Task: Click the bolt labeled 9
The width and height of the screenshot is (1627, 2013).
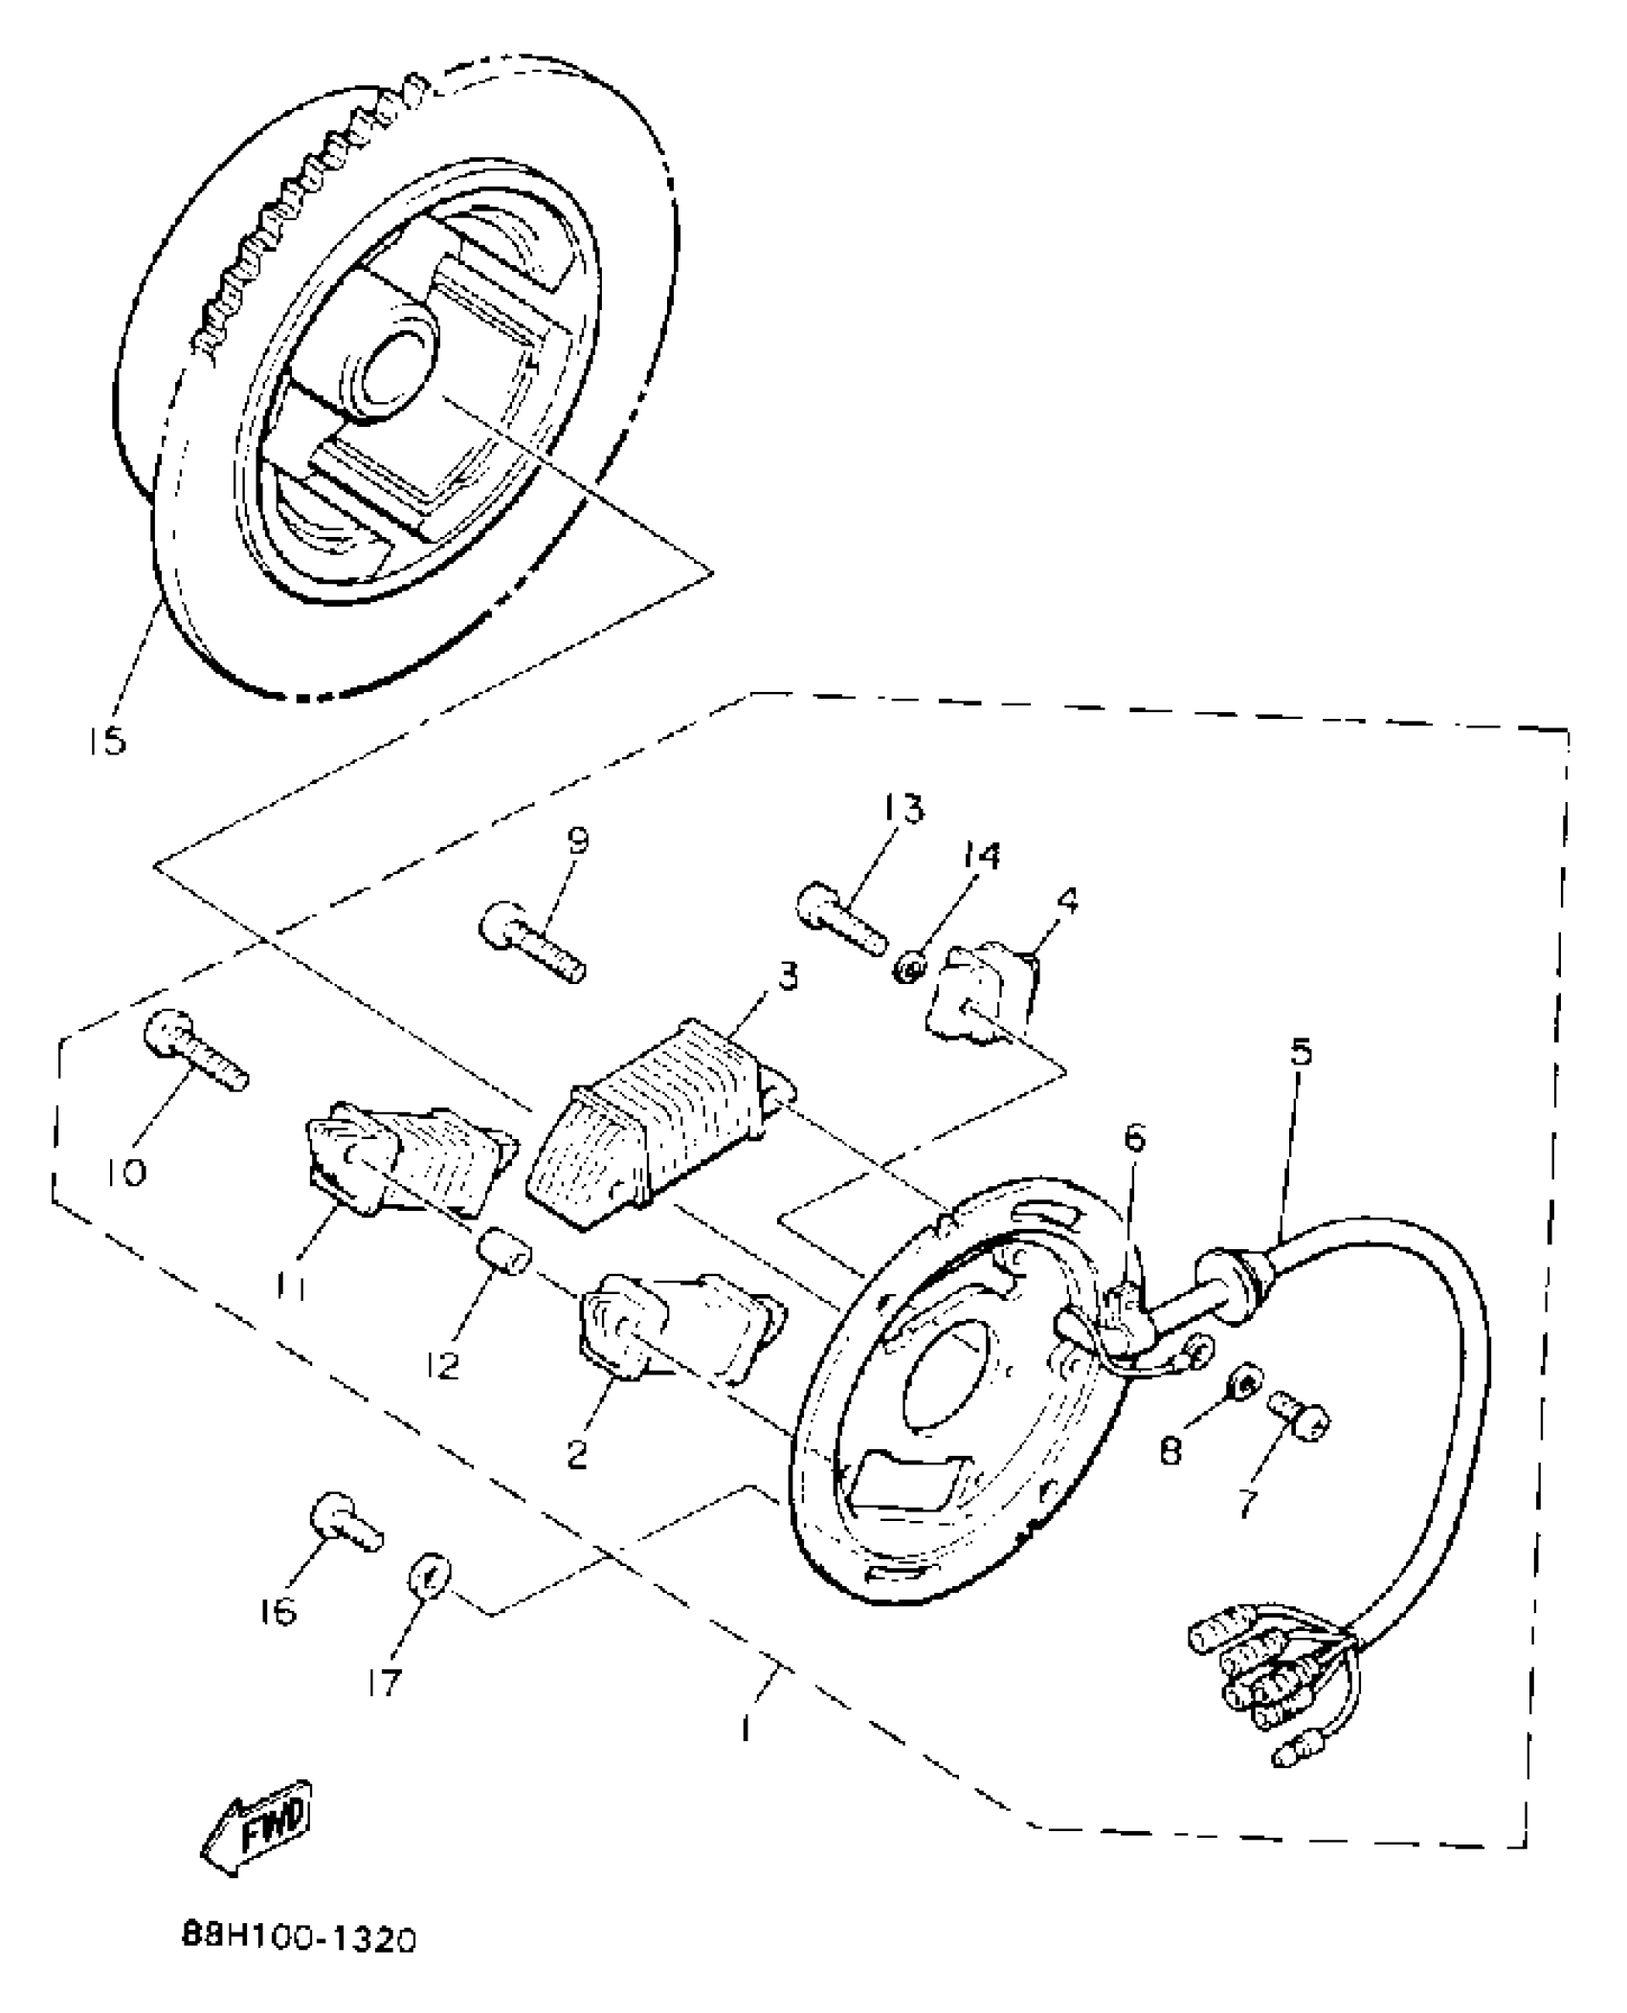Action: pos(532,939)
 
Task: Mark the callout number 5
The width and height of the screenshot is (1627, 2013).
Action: pos(1300,1053)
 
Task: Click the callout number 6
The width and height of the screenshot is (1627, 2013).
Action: pos(1134,1138)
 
